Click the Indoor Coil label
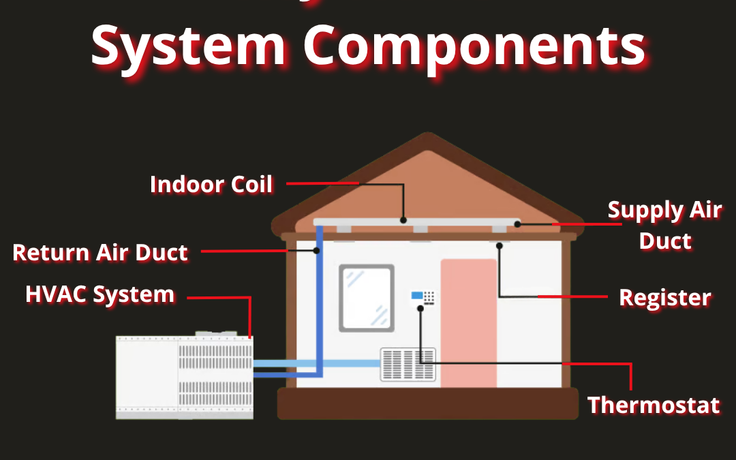click(211, 185)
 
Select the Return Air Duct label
click(100, 253)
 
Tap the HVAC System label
click(100, 295)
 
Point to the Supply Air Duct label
click(664, 225)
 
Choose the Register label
click(664, 298)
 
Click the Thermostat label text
click(654, 405)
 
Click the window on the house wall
click(367, 298)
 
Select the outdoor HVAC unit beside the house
click(184, 376)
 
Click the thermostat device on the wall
click(423, 297)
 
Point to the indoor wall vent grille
click(408, 365)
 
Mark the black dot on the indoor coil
click(403, 220)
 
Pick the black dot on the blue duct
click(317, 251)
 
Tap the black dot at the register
click(500, 245)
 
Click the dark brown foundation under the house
click(427, 403)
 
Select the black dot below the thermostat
click(420, 308)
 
